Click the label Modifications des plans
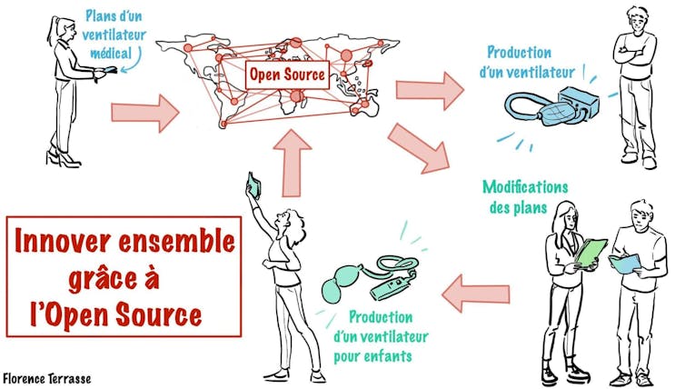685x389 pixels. click(x=524, y=196)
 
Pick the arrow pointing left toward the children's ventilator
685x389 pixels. click(x=475, y=292)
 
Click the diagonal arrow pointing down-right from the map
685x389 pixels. click(x=419, y=146)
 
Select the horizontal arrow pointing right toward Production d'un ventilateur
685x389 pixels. click(x=430, y=88)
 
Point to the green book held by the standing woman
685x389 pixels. click(x=590, y=252)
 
